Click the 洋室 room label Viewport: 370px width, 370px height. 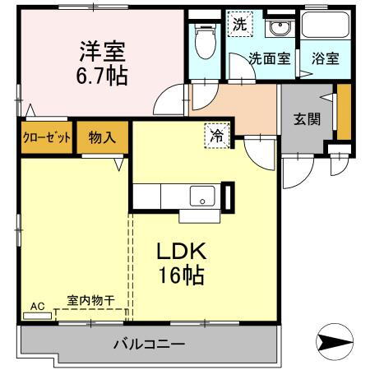[x=102, y=51]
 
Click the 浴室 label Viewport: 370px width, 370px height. [x=324, y=58]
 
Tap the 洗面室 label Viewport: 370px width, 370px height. [x=269, y=58]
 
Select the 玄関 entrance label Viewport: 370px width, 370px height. [x=307, y=118]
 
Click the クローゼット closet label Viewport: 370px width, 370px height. [x=46, y=136]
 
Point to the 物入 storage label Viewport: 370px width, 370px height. [x=103, y=136]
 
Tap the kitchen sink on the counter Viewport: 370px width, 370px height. [x=201, y=197]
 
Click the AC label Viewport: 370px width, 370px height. [x=36, y=307]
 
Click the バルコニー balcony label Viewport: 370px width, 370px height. [x=149, y=345]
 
